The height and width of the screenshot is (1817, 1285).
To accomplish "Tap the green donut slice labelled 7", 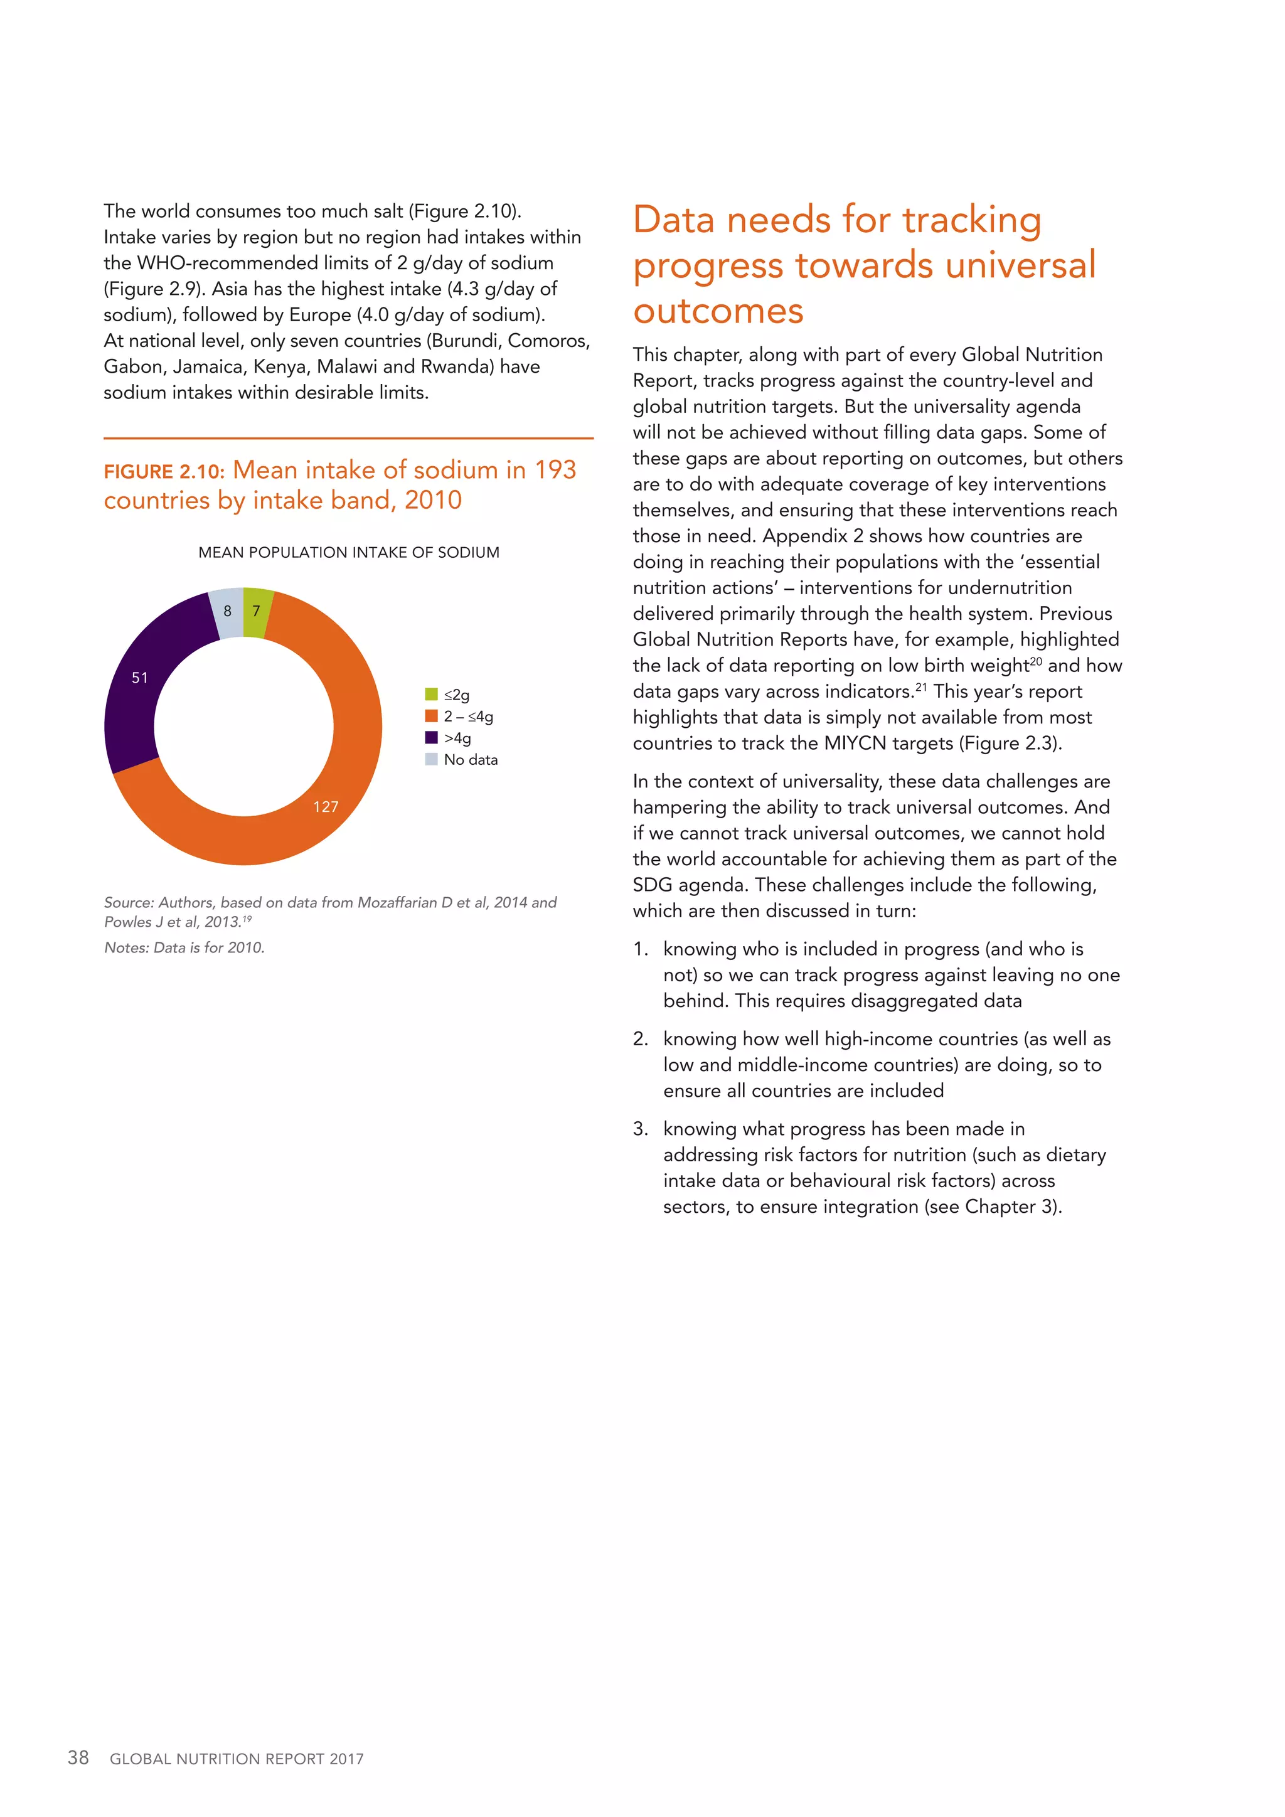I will tap(257, 611).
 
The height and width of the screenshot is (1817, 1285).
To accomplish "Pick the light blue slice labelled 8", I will tap(227, 611).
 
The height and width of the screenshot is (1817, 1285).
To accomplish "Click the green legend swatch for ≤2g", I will tap(431, 694).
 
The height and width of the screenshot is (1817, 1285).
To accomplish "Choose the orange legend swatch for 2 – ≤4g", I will tap(431, 716).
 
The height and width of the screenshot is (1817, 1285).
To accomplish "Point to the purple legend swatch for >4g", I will tap(431, 738).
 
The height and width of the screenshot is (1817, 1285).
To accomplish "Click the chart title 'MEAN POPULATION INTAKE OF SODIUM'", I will tap(349, 552).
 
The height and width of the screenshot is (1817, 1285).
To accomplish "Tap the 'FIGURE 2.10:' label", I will tap(164, 472).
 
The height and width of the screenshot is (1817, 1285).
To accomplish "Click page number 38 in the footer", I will tap(78, 1757).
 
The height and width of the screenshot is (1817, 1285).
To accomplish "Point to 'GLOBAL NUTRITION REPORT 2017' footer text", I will tap(237, 1759).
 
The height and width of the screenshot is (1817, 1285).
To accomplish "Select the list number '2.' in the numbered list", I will tap(640, 1039).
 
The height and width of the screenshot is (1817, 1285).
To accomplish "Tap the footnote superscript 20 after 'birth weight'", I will tap(1036, 661).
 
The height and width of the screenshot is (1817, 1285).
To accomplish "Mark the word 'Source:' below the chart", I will tap(129, 903).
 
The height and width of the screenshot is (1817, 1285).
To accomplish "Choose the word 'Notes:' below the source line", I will tap(127, 948).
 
